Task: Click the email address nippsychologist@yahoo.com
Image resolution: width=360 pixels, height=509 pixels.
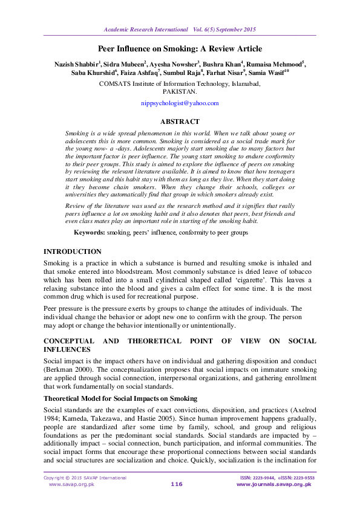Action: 179,103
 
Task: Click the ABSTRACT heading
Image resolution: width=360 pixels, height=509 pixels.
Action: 180,122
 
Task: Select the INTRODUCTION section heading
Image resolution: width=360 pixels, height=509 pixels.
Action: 73,251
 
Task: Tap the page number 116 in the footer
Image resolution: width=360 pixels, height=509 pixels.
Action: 177,484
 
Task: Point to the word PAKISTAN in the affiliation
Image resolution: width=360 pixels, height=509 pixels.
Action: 180,92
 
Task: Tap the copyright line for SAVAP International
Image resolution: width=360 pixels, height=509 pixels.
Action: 85,478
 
